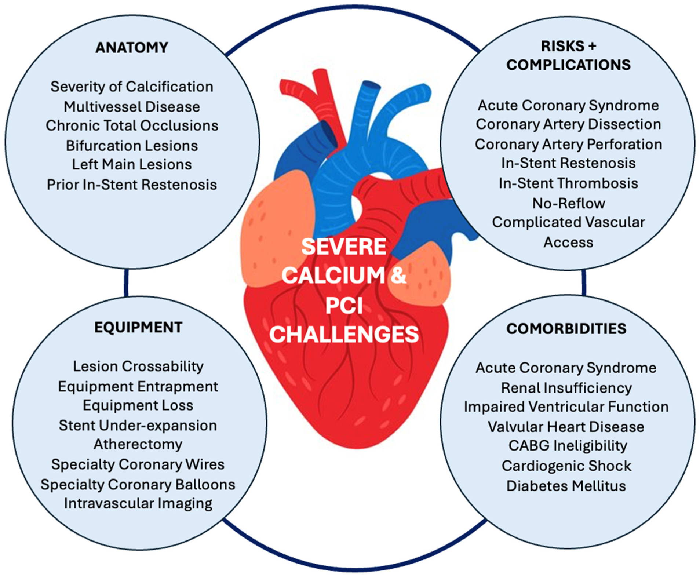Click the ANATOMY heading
coord(132,48)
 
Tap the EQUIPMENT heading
coord(138,327)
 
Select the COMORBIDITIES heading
coord(566,328)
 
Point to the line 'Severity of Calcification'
coord(132,87)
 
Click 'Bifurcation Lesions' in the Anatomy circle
coord(132,146)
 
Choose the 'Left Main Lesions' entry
coord(132,165)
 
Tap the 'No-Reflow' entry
coord(568,203)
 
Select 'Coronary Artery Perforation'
coord(568,144)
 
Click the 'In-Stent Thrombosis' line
coord(568,183)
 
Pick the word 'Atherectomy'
coord(138,444)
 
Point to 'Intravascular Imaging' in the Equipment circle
coord(138,503)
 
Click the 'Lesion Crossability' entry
coord(138,366)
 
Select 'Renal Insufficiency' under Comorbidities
coord(566,388)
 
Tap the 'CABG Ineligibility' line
coord(567,445)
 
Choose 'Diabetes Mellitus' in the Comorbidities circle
coord(566,486)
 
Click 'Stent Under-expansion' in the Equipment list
coord(138,426)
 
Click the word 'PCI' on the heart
coord(344,305)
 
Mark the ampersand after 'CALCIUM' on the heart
coord(398,275)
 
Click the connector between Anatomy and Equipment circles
coord(126,282)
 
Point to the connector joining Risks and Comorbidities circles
coord(583,282)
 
